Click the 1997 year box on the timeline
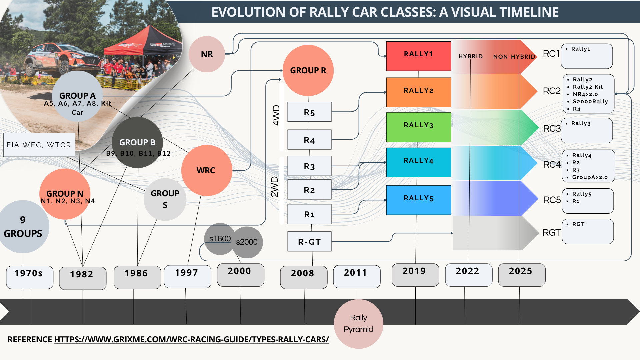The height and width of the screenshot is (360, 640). point(187,276)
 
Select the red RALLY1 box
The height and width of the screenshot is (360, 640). point(418,56)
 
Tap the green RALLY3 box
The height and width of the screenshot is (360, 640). point(418,127)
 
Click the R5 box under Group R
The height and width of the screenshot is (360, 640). point(309,112)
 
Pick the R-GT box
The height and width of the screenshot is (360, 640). point(309,241)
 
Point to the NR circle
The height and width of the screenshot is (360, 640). point(207,54)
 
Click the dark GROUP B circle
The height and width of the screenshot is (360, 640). point(137,142)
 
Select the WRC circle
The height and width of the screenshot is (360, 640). point(206,170)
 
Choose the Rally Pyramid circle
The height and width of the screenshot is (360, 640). point(358,324)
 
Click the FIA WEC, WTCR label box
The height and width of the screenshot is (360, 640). point(39,145)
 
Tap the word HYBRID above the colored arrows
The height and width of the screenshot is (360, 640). point(470,56)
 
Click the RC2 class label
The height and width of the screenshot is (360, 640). point(551,91)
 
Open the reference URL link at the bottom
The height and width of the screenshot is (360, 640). point(191,339)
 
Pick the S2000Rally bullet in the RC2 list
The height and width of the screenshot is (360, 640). point(590,102)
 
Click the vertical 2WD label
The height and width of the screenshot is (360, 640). point(275,187)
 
